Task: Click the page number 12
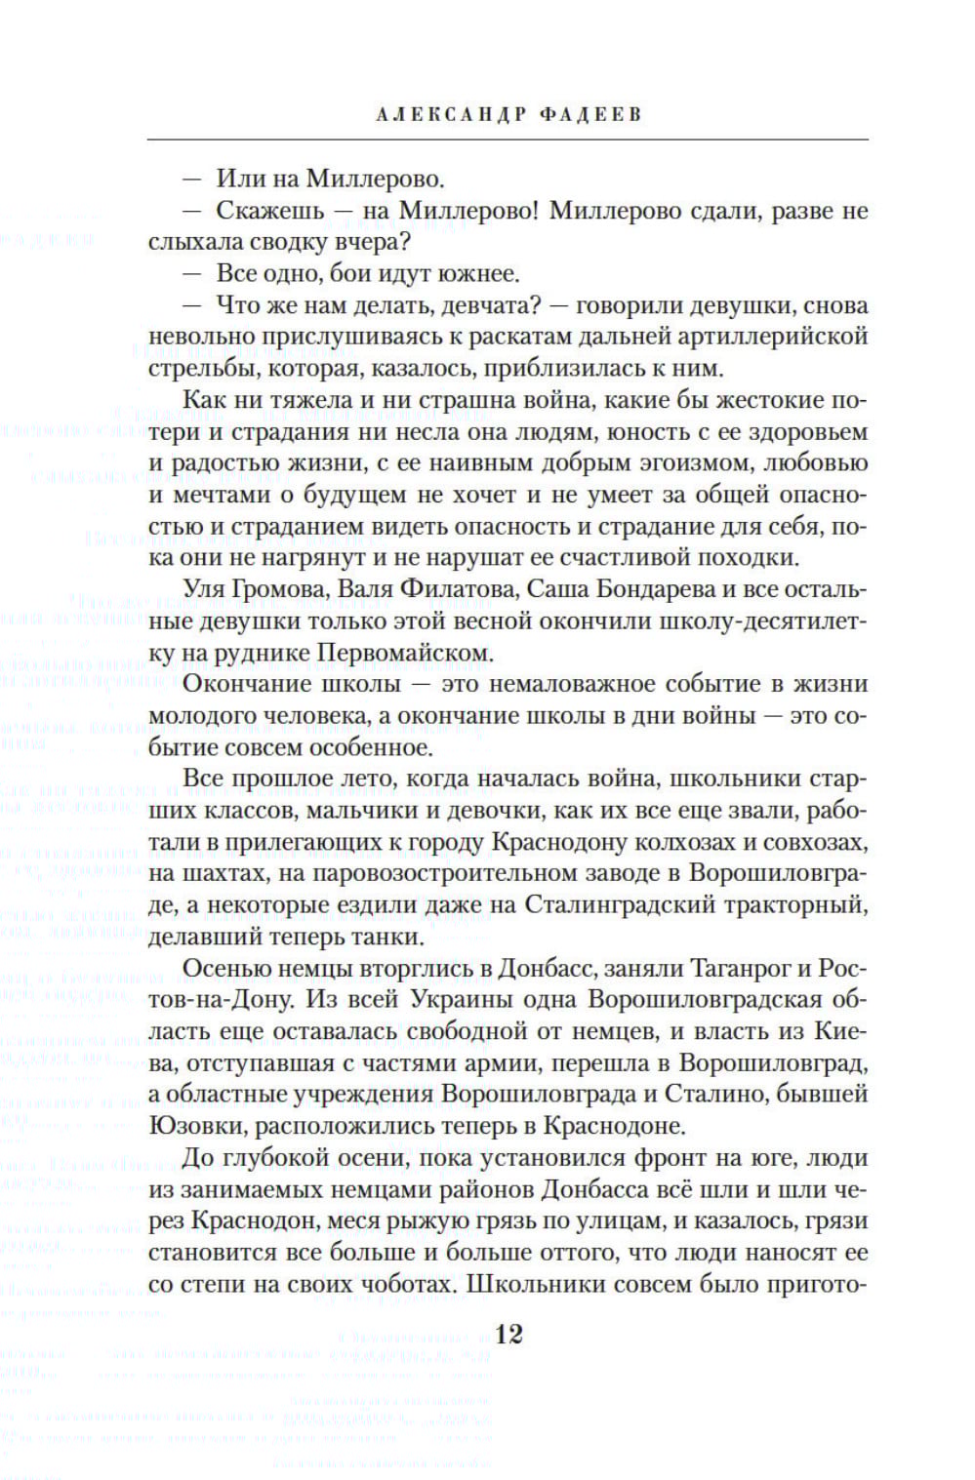pos(509,1334)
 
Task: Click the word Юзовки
pos(199,1126)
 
